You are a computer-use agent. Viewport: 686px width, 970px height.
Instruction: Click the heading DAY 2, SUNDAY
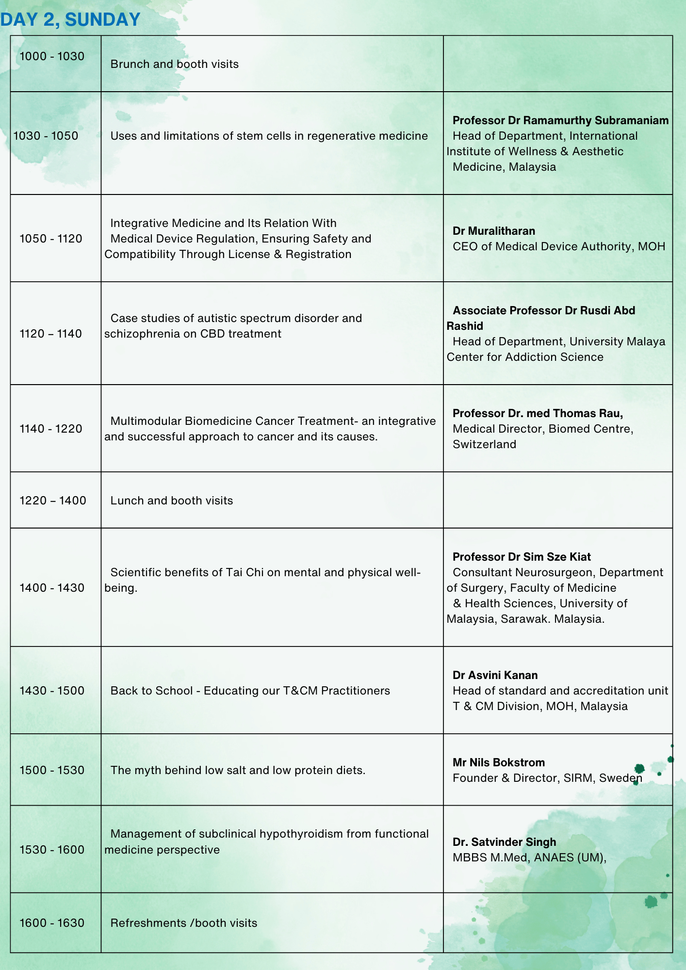coord(70,19)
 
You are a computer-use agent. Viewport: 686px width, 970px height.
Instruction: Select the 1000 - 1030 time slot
coord(52,56)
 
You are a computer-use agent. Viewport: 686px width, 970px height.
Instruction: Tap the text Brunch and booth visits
coord(175,64)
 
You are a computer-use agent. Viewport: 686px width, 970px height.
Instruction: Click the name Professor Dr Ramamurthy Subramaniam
coord(560,120)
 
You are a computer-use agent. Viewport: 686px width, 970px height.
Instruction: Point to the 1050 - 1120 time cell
coord(51,239)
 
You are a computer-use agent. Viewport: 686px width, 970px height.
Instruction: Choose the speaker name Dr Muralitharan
coord(494,231)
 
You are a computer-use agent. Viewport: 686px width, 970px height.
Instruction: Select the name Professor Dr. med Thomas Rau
coord(538,413)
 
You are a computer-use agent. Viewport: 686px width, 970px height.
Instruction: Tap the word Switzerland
coord(484,444)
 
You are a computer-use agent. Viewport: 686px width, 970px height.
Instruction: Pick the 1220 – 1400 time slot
coord(53,501)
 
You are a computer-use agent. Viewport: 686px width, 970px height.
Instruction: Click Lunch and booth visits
coord(172,501)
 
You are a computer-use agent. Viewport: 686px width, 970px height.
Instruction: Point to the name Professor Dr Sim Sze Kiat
coord(522,557)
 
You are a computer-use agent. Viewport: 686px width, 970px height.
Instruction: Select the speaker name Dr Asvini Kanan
coord(495,675)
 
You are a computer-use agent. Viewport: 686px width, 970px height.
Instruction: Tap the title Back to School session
coord(250,691)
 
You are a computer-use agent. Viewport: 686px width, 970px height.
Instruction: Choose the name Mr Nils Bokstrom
coord(499,762)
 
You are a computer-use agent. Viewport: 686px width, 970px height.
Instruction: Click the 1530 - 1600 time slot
coord(52,850)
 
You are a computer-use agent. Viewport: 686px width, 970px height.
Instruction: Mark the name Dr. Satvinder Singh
coord(504,842)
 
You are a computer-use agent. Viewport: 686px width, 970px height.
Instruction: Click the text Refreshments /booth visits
coord(184,923)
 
